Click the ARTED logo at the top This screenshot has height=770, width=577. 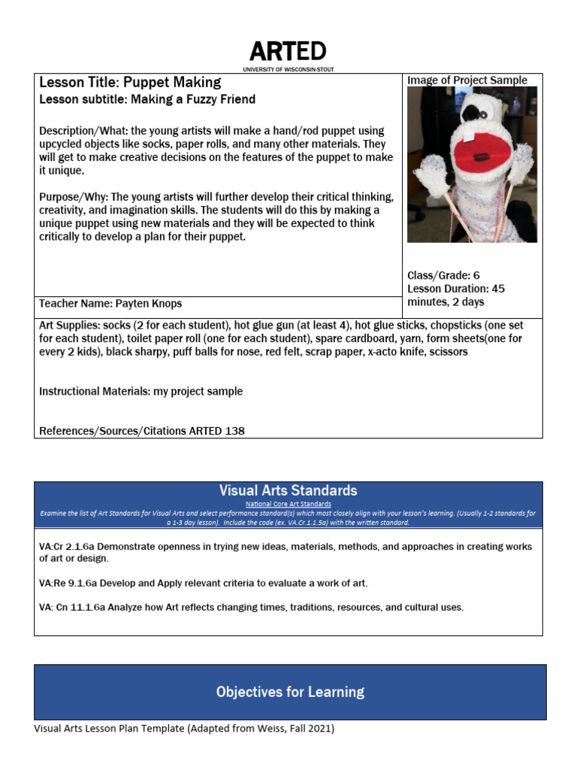288,51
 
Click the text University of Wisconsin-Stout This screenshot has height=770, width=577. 288,69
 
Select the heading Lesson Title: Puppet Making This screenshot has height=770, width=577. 130,83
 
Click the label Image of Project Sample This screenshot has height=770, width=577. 467,80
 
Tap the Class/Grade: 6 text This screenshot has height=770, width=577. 443,275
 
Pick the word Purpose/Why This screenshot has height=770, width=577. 65,197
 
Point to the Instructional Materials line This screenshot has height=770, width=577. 140,391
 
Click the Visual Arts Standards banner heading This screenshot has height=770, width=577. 288,490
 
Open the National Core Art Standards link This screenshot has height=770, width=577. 288,504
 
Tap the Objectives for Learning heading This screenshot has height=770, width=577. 290,692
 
